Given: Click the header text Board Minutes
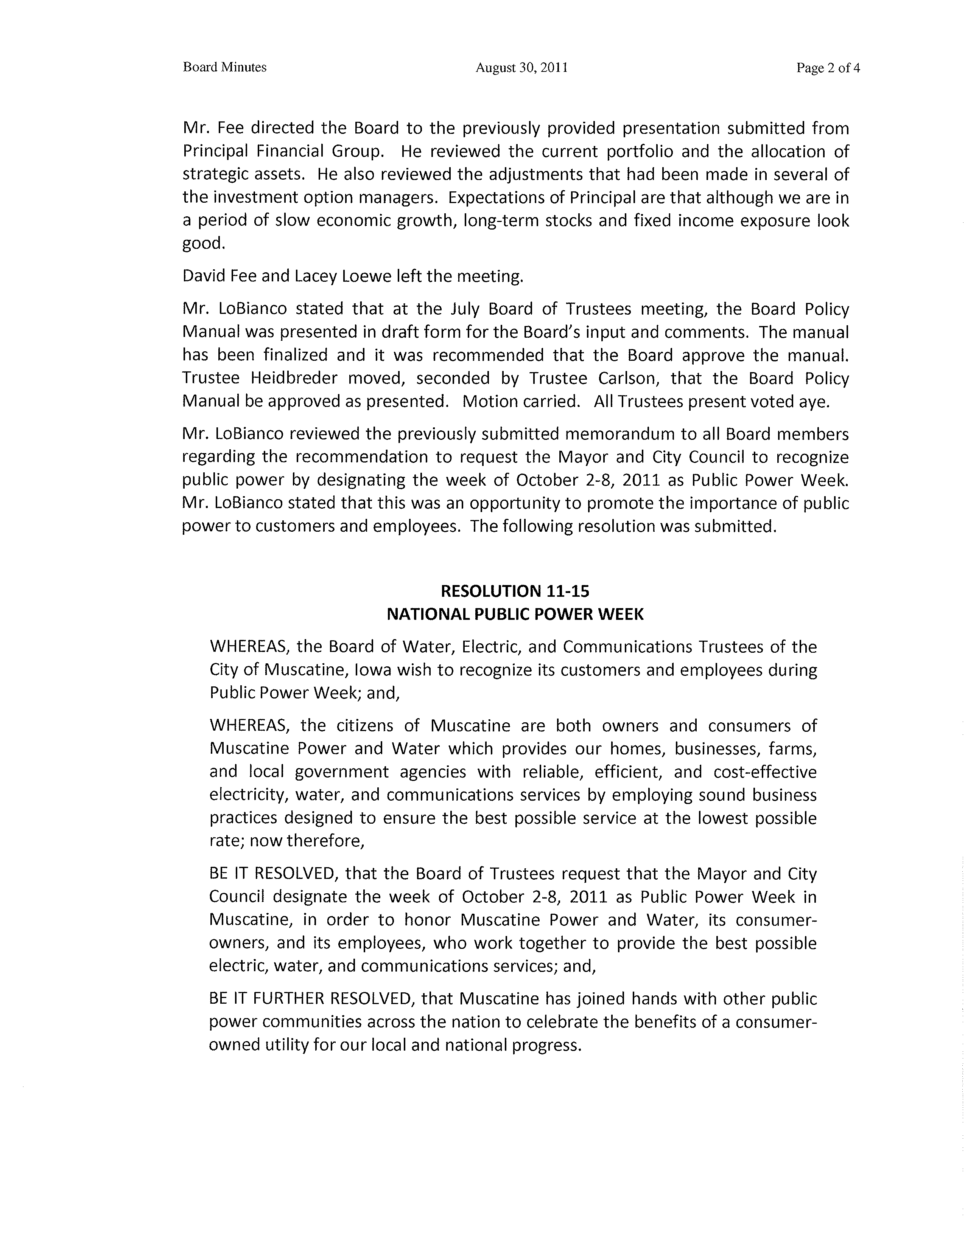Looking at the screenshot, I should pyautogui.click(x=225, y=67).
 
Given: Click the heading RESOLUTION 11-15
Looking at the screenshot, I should pyautogui.click(x=507, y=590).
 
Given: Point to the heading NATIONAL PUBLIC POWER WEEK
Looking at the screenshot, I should pyautogui.click(x=515, y=614).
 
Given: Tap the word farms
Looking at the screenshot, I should pyautogui.click(x=792, y=748).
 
